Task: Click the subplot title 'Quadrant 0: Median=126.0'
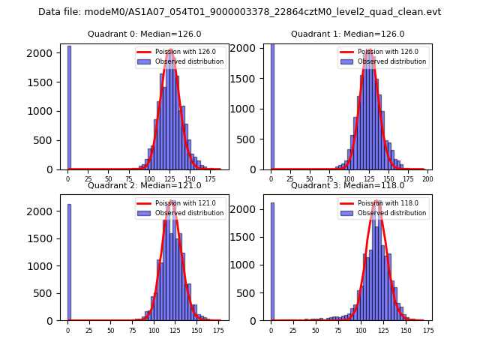[144, 34]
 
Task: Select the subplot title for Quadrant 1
[347, 34]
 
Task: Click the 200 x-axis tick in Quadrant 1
[427, 179]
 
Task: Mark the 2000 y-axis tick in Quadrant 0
[44, 53]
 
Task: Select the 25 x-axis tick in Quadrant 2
[89, 330]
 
